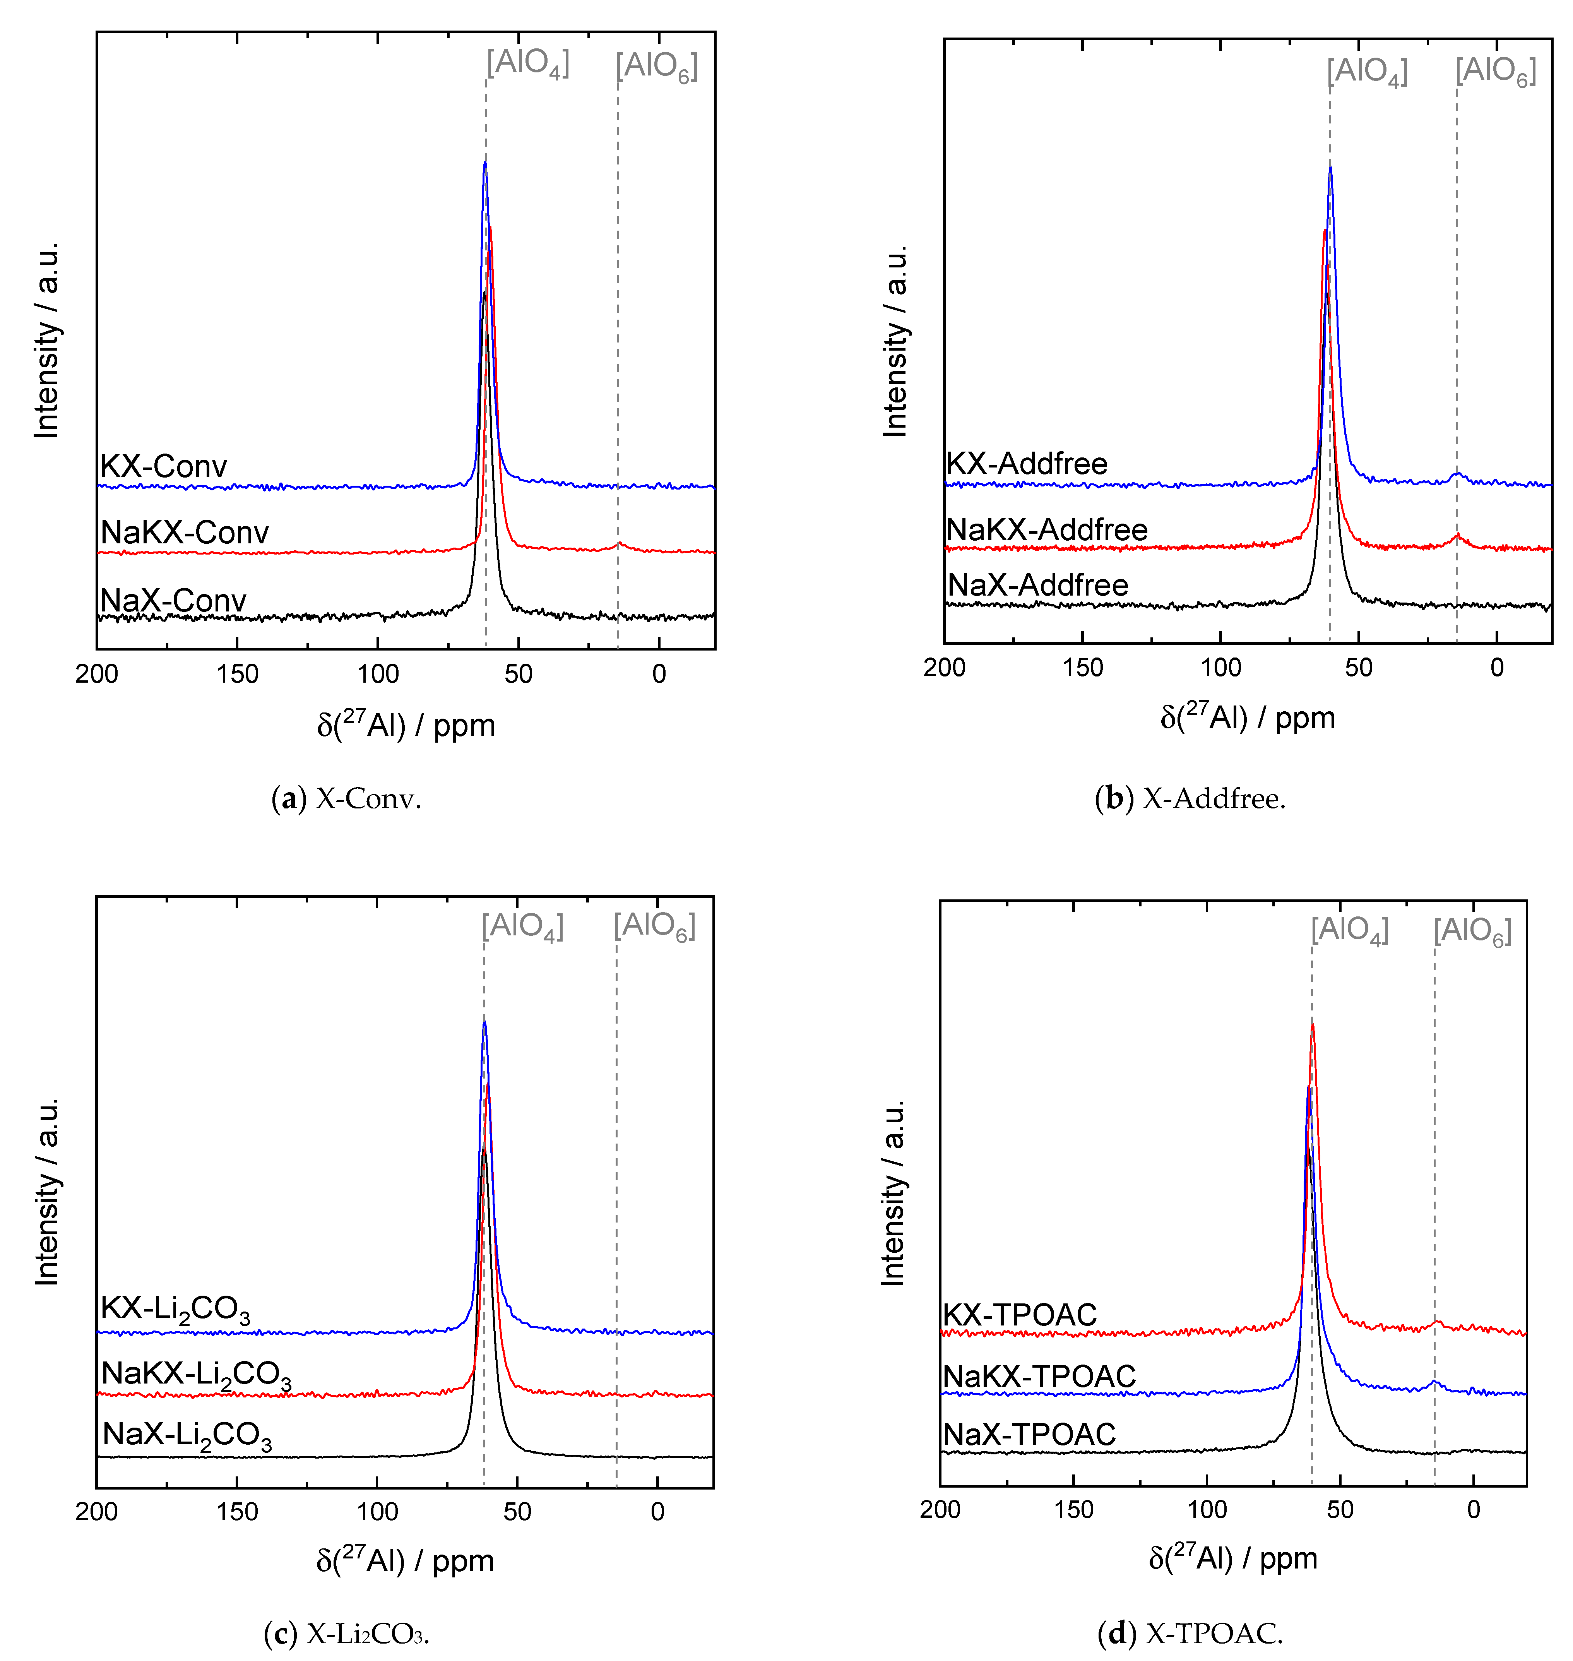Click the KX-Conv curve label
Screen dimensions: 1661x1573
pos(164,466)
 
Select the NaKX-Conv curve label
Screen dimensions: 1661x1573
pos(185,533)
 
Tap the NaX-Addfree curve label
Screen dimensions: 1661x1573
pos(1038,585)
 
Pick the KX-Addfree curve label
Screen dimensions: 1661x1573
pos(1027,464)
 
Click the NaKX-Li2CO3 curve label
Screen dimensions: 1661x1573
pos(196,1375)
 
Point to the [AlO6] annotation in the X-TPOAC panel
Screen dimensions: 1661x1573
pos(1472,932)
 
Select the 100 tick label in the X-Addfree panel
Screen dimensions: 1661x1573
pos(1221,668)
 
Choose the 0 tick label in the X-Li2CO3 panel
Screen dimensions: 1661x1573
pos(657,1512)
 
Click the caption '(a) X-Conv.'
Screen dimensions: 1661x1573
pos(346,799)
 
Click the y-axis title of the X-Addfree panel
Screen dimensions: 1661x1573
pos(895,341)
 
